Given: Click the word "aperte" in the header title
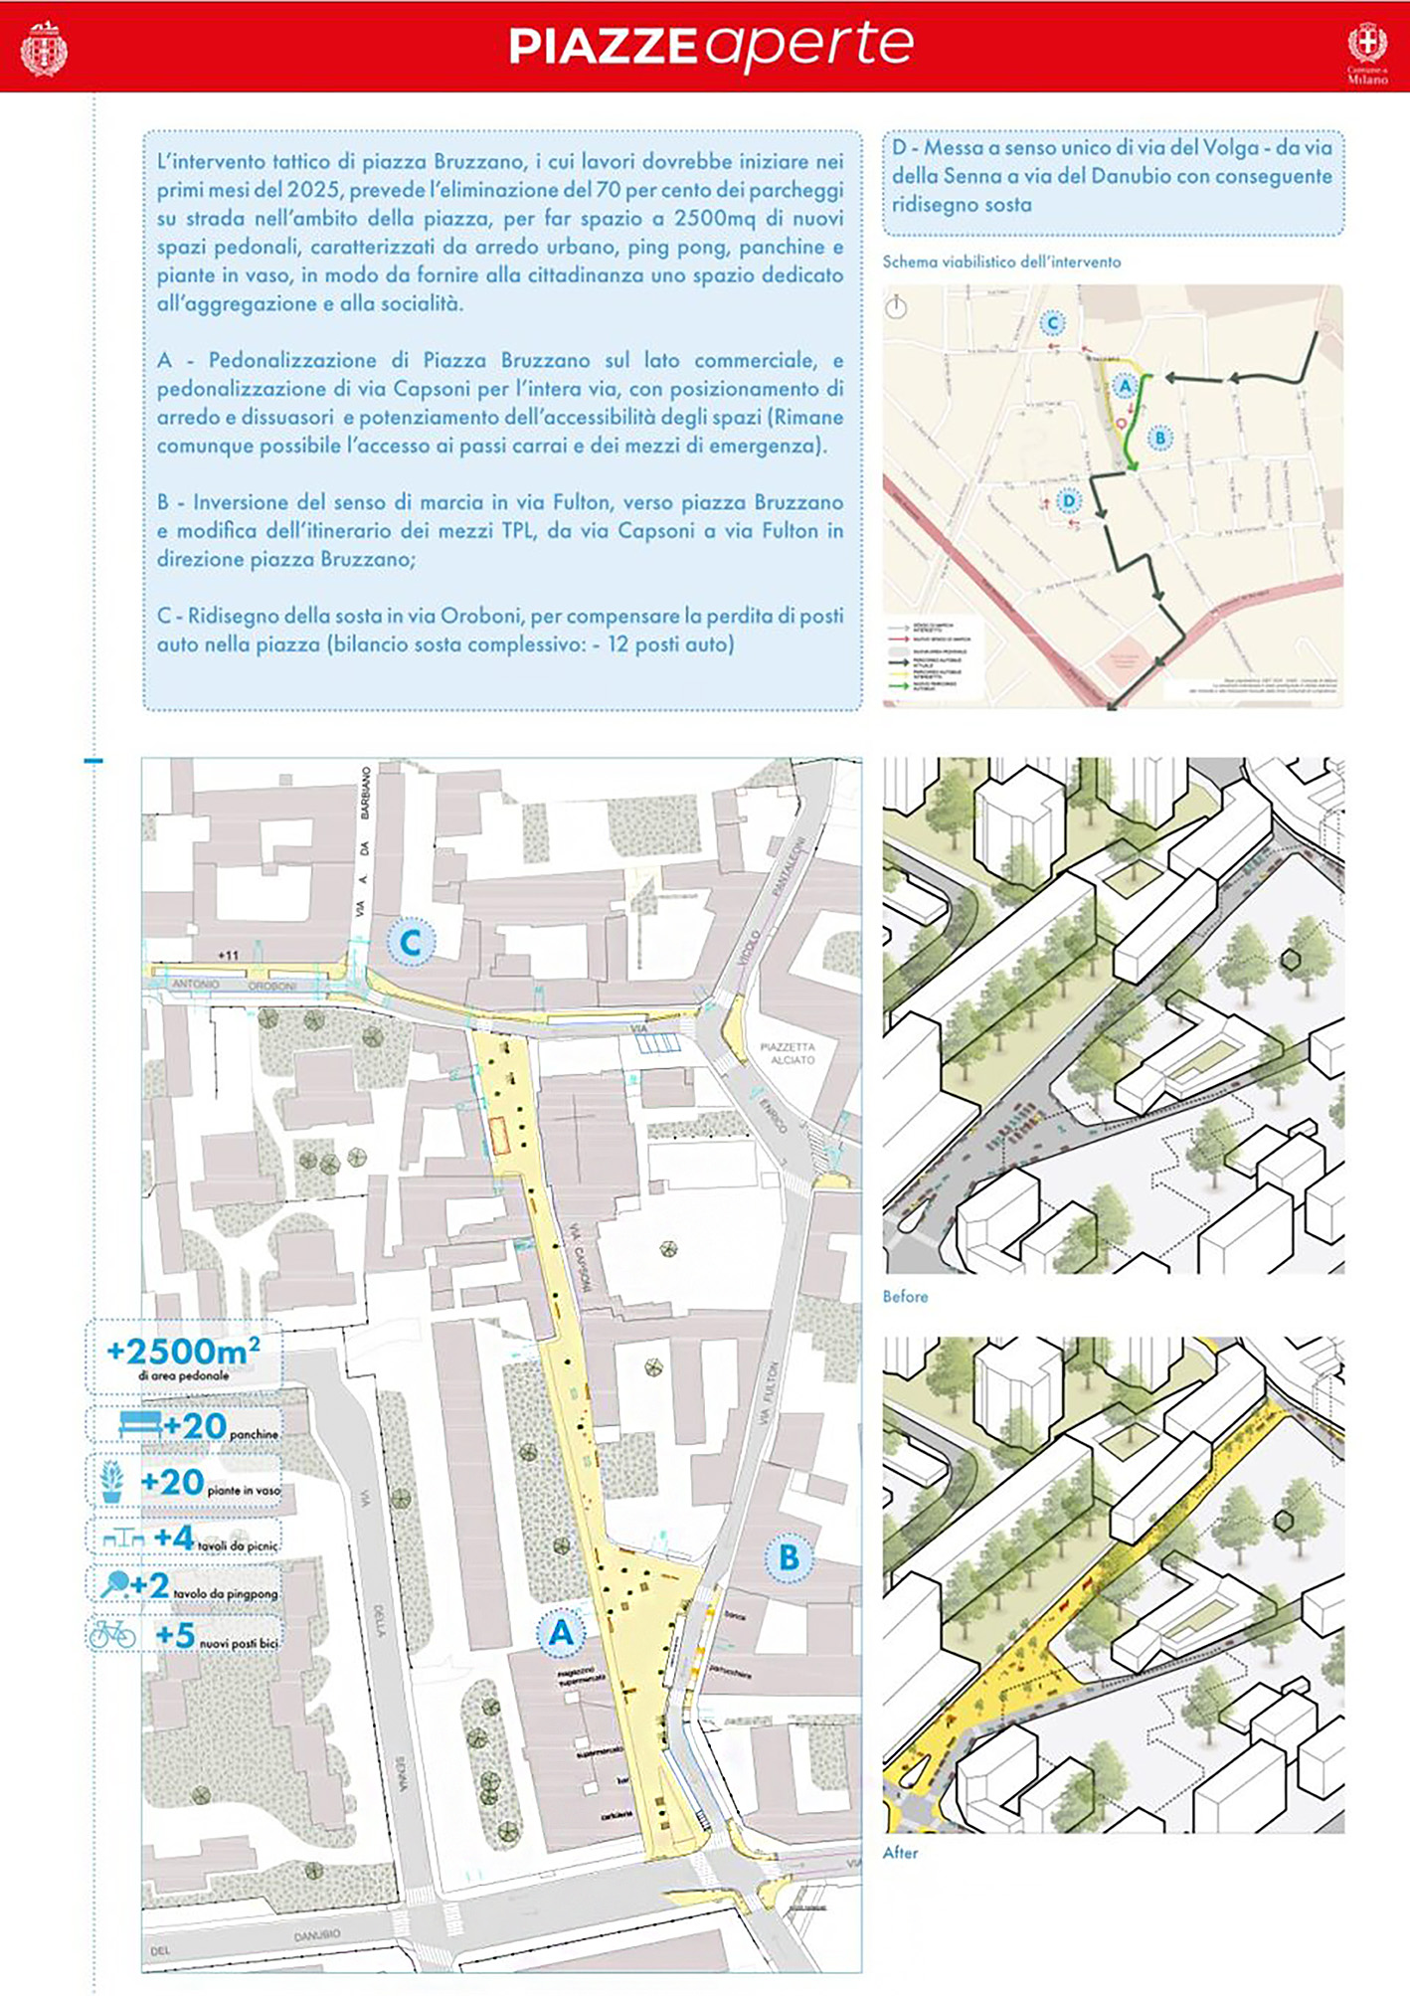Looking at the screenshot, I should (811, 46).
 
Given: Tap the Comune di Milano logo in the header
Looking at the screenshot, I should (1367, 49).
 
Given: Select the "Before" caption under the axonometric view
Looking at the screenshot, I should (905, 1297).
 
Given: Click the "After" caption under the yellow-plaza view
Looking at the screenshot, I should (900, 1853).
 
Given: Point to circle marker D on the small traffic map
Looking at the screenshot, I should (1069, 500).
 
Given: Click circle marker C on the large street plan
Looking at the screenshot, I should (411, 942).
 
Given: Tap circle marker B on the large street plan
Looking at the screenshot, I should (789, 1556).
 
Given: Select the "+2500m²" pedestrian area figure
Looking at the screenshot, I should (184, 1352).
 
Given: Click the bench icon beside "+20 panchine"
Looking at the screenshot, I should (139, 1425).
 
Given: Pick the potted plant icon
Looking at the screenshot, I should (112, 1481).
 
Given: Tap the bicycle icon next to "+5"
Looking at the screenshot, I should (112, 1635).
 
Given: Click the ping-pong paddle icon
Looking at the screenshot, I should (114, 1583).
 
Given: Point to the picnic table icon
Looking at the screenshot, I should (123, 1539).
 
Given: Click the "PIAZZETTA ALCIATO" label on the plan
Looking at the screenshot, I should (788, 1053).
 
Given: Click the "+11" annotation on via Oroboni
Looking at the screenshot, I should (229, 956).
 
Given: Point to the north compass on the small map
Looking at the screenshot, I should (897, 306).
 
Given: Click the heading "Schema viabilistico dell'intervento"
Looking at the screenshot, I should (1001, 263).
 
